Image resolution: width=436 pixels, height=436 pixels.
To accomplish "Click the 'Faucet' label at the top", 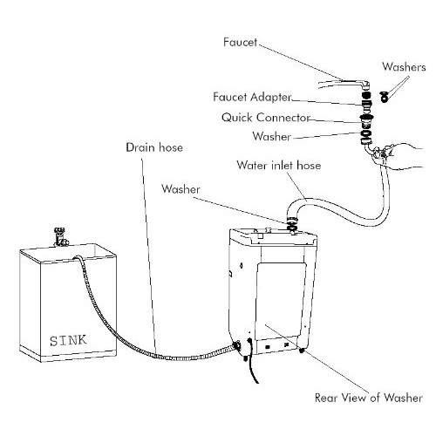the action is point(240,43).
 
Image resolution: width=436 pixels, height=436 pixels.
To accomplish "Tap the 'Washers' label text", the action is point(404,67).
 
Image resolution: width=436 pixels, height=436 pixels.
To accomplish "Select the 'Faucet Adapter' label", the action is point(252,97).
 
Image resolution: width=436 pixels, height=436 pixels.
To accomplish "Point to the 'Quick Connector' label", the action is point(266,118).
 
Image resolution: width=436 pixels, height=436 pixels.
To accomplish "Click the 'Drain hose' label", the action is point(154,147).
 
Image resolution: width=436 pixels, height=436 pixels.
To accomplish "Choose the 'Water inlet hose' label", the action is point(279,165).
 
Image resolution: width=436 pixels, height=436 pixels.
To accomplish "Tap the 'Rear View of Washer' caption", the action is point(369,398).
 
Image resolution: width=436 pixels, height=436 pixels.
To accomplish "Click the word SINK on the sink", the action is point(68,340).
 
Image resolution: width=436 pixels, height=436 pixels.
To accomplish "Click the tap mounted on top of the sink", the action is point(61,237).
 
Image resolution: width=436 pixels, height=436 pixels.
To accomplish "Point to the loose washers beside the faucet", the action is point(385,97).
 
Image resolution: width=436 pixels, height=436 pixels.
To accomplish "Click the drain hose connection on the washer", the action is point(236,346).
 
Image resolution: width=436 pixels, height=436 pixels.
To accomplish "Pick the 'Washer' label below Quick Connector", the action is point(271,136).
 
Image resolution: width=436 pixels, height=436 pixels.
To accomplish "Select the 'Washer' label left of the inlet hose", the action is point(181,189).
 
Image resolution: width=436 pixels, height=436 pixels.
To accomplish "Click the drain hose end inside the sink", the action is point(78,257).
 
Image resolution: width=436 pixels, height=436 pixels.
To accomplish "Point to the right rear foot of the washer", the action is point(302,351).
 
